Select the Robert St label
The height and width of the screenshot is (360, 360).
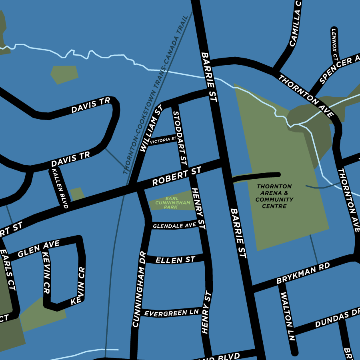pos(176,177)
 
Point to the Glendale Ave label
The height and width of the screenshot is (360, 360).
pos(174,226)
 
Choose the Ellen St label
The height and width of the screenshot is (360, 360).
pos(175,260)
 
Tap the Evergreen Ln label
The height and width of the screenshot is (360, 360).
pos(171,313)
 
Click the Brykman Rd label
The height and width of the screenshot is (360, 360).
pos(303,273)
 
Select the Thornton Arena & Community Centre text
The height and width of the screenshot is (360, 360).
pos(274,196)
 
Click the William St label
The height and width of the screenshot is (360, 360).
pos(151,128)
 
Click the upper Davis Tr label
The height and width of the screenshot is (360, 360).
pos(90,106)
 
